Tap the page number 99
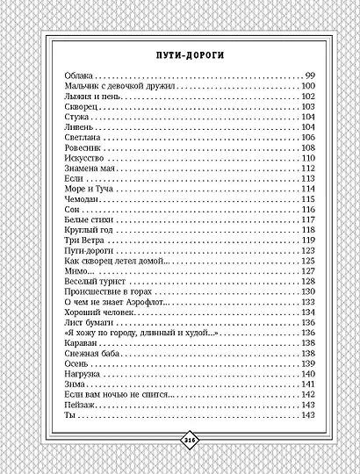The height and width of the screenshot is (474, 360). [x=309, y=77]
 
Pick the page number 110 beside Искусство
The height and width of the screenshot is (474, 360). [x=307, y=158]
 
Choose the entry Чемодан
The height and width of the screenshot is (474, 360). [x=83, y=198]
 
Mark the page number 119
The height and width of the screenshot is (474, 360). [x=307, y=240]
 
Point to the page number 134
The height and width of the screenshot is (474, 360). [x=307, y=312]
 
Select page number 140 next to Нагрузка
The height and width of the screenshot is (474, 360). [x=307, y=373]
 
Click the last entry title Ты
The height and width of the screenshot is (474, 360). [x=70, y=415]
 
